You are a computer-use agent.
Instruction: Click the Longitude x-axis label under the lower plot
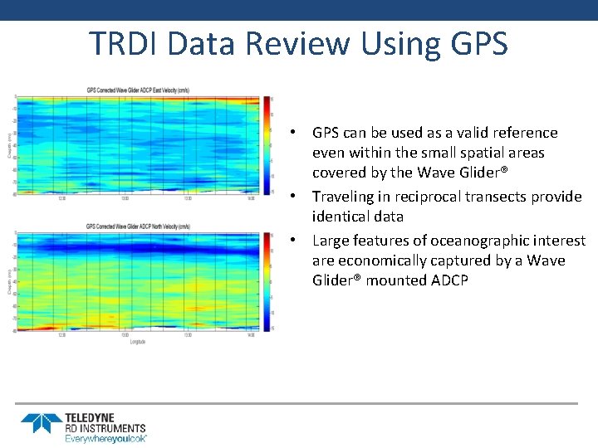tap(139, 340)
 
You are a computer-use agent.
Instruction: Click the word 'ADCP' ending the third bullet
tap(449, 280)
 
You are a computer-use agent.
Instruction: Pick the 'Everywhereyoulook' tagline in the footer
tap(105, 437)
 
